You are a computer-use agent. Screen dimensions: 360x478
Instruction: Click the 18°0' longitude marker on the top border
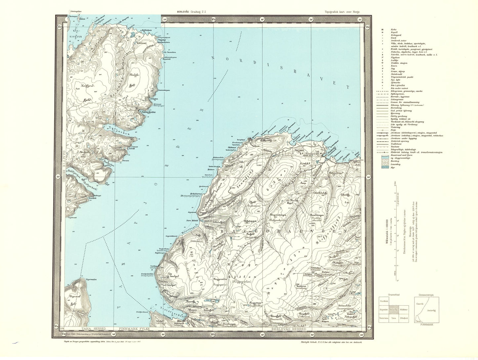click(213, 19)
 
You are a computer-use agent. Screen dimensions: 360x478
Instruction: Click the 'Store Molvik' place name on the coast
click(193, 220)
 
